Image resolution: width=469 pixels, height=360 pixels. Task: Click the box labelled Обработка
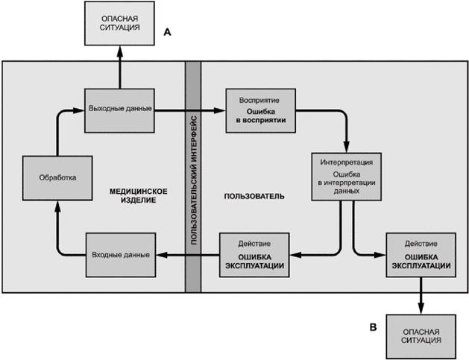(57, 177)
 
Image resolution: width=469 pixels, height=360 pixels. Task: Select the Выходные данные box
(119, 109)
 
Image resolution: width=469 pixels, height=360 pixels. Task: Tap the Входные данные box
(119, 255)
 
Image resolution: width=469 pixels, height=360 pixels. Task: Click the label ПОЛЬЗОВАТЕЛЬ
(254, 196)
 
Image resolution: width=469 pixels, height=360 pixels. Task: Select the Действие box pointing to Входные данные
(254, 255)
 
